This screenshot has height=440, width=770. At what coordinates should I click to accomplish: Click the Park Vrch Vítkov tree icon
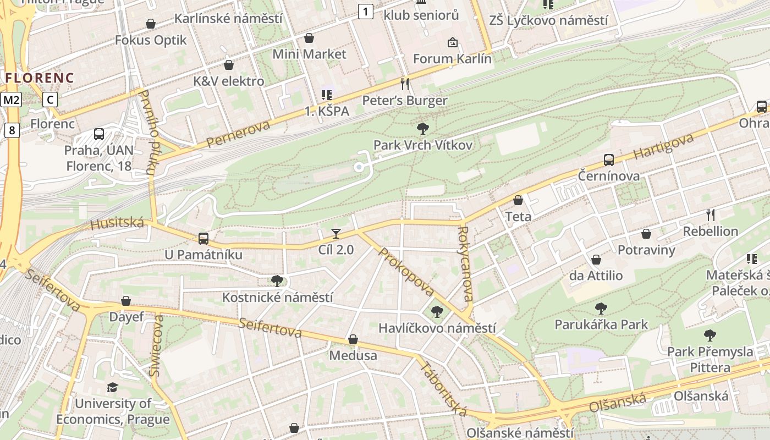(x=422, y=129)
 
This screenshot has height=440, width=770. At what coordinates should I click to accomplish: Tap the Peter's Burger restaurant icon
(x=405, y=84)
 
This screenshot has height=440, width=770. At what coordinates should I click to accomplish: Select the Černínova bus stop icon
(x=608, y=160)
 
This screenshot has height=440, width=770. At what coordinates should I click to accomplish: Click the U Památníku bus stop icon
(x=203, y=239)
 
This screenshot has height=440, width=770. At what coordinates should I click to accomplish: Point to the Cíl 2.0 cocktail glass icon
(x=335, y=234)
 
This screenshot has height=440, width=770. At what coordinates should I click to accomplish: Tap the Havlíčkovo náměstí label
(x=437, y=328)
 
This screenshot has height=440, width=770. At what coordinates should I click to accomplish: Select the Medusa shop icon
(x=353, y=340)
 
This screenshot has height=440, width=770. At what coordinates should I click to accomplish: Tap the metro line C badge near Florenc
(x=50, y=100)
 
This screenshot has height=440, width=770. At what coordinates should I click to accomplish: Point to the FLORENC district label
(x=39, y=78)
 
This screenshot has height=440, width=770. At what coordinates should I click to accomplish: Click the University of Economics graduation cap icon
(x=113, y=388)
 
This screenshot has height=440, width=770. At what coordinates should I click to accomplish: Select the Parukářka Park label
(x=601, y=324)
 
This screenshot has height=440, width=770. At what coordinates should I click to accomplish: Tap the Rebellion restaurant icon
(x=710, y=215)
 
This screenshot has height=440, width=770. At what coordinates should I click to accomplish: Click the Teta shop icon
(x=518, y=201)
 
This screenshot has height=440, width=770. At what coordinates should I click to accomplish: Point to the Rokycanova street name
(x=465, y=264)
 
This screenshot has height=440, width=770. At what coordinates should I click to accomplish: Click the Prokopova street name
(x=407, y=272)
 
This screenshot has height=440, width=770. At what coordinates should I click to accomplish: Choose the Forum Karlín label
(x=452, y=58)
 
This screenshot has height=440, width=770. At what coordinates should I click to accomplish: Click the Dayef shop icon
(x=126, y=301)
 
